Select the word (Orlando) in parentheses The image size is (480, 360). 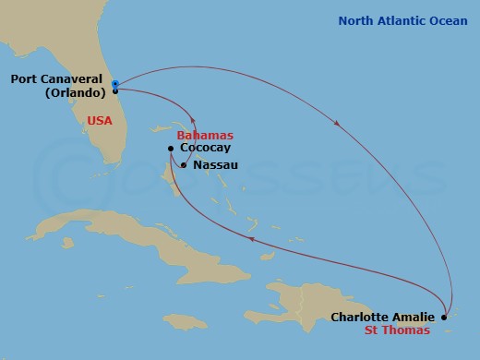[71, 92]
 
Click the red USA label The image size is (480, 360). [101, 120]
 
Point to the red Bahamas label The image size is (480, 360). [205, 135]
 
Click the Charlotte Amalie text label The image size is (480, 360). [382, 318]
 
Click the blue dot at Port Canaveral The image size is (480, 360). [114, 83]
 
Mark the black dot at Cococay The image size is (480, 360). [171, 148]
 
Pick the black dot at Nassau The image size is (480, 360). [184, 166]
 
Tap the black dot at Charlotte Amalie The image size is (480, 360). [444, 317]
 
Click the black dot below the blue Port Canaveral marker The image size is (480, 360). [114, 91]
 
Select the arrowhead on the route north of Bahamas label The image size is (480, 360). [192, 118]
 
